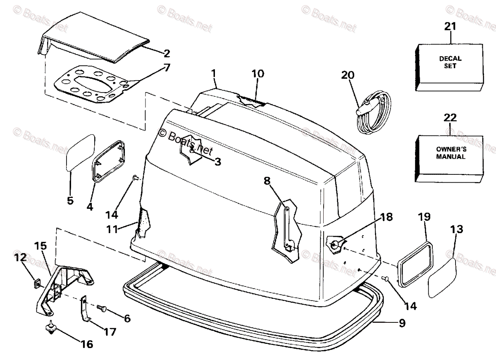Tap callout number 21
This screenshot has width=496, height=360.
[x=450, y=27]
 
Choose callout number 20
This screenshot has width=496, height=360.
[x=348, y=75]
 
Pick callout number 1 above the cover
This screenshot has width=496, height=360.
[x=213, y=73]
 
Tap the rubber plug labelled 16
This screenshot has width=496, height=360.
[x=50, y=327]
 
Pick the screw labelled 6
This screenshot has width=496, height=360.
[x=102, y=308]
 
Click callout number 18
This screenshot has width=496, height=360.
[x=387, y=217]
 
